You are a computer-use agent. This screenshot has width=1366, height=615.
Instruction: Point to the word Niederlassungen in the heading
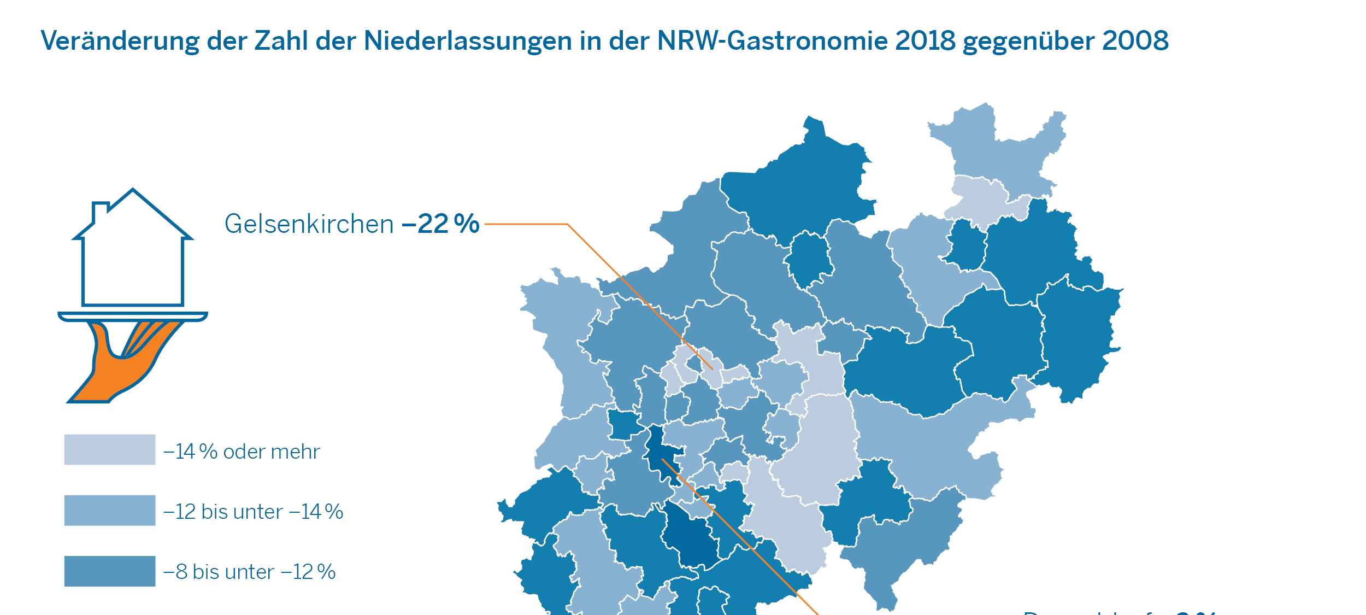468,41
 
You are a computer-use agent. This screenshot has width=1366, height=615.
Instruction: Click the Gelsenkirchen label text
309,224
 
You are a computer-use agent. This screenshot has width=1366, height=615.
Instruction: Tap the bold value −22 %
440,224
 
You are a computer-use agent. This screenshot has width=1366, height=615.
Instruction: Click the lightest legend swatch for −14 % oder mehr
109,449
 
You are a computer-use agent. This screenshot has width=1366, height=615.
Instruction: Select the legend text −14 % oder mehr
242,452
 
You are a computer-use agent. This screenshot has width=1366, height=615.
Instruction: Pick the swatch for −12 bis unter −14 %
109,510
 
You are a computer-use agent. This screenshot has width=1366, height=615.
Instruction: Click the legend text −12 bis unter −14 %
253,512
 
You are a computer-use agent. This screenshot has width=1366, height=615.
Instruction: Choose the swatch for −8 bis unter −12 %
109,571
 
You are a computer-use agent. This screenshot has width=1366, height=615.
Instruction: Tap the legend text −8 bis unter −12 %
249,572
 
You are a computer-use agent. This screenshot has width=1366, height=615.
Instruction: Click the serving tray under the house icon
132,317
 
